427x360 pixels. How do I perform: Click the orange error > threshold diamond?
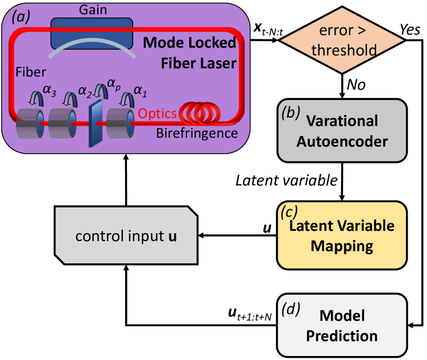[x=342, y=40]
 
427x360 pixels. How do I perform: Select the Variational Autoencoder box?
[x=342, y=131]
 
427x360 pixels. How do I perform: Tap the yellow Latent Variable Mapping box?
[x=342, y=235]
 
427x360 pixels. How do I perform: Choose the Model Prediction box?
[x=342, y=325]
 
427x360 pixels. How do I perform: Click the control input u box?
[x=126, y=235]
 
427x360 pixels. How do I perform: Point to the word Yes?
[x=410, y=29]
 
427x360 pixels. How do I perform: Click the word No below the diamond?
[x=356, y=85]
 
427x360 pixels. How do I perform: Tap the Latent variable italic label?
[x=286, y=181]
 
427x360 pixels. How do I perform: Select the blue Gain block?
[x=92, y=33]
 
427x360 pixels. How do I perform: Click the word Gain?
[x=93, y=10]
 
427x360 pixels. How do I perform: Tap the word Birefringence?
[x=197, y=134]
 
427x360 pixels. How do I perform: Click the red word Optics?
[x=157, y=114]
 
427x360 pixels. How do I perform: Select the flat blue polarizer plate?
[x=95, y=123]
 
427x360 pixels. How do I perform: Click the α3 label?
[x=50, y=90]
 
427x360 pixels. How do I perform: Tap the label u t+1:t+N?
[x=250, y=314]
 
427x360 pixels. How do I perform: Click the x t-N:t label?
[x=268, y=29]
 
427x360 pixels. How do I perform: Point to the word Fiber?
[x=31, y=72]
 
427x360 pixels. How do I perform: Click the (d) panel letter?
[x=291, y=309]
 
